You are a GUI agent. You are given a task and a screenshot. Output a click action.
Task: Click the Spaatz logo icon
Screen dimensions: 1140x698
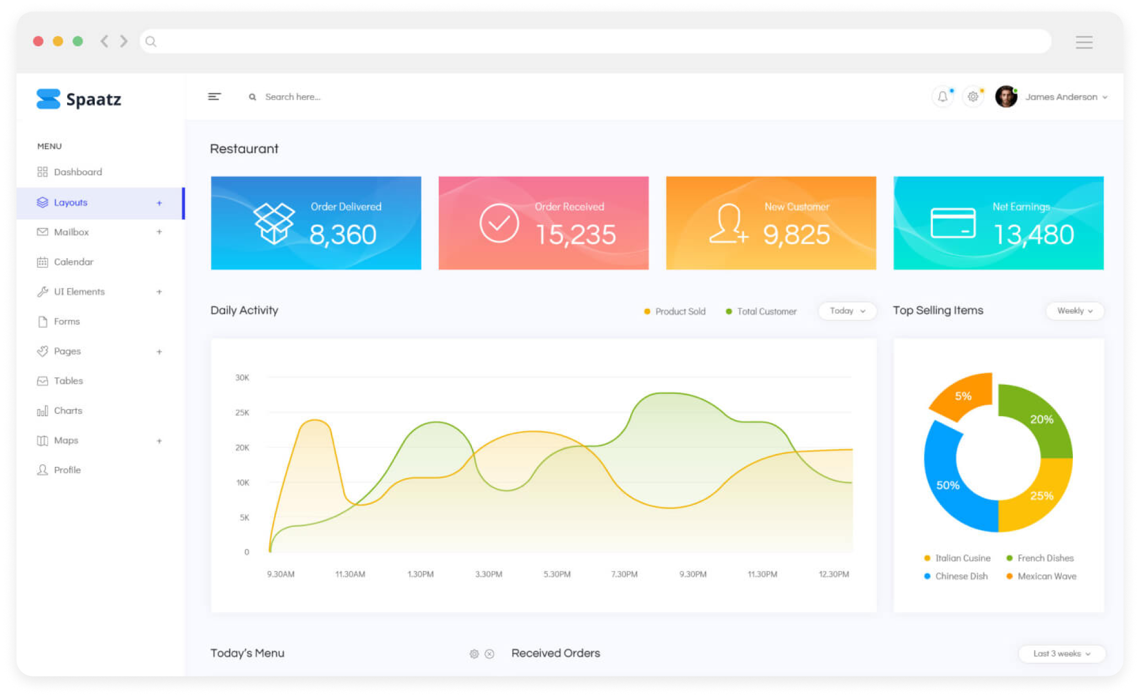point(48,99)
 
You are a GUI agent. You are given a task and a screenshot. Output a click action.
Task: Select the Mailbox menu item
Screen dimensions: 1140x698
point(71,232)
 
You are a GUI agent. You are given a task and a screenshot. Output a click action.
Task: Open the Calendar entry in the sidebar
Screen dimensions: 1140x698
point(73,262)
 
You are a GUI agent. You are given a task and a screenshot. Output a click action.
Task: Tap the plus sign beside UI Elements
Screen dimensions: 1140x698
point(159,292)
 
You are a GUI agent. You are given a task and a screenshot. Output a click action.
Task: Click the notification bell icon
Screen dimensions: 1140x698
point(943,97)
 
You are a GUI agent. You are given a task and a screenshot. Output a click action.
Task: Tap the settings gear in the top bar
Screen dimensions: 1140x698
point(973,97)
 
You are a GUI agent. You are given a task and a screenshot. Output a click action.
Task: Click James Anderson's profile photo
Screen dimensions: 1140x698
point(1006,97)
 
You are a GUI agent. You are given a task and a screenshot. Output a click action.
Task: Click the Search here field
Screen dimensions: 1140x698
point(292,97)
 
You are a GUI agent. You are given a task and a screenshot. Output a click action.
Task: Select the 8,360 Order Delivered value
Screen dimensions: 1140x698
point(343,235)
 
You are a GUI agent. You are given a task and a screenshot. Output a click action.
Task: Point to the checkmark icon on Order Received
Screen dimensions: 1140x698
point(499,223)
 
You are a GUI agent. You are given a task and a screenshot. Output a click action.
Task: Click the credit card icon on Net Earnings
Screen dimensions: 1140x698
point(953,223)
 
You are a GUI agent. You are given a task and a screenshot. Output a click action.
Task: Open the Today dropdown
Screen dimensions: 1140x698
point(847,311)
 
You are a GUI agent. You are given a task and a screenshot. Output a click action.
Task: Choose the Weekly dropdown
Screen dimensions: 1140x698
point(1074,311)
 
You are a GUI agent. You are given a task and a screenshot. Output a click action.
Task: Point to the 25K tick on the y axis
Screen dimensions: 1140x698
point(242,412)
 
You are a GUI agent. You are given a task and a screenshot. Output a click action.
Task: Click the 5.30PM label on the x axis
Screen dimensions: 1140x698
point(557,574)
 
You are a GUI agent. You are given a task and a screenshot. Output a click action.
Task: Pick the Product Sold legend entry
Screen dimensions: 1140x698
point(675,312)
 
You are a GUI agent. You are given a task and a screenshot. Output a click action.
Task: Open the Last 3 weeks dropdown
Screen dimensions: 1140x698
point(1061,653)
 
